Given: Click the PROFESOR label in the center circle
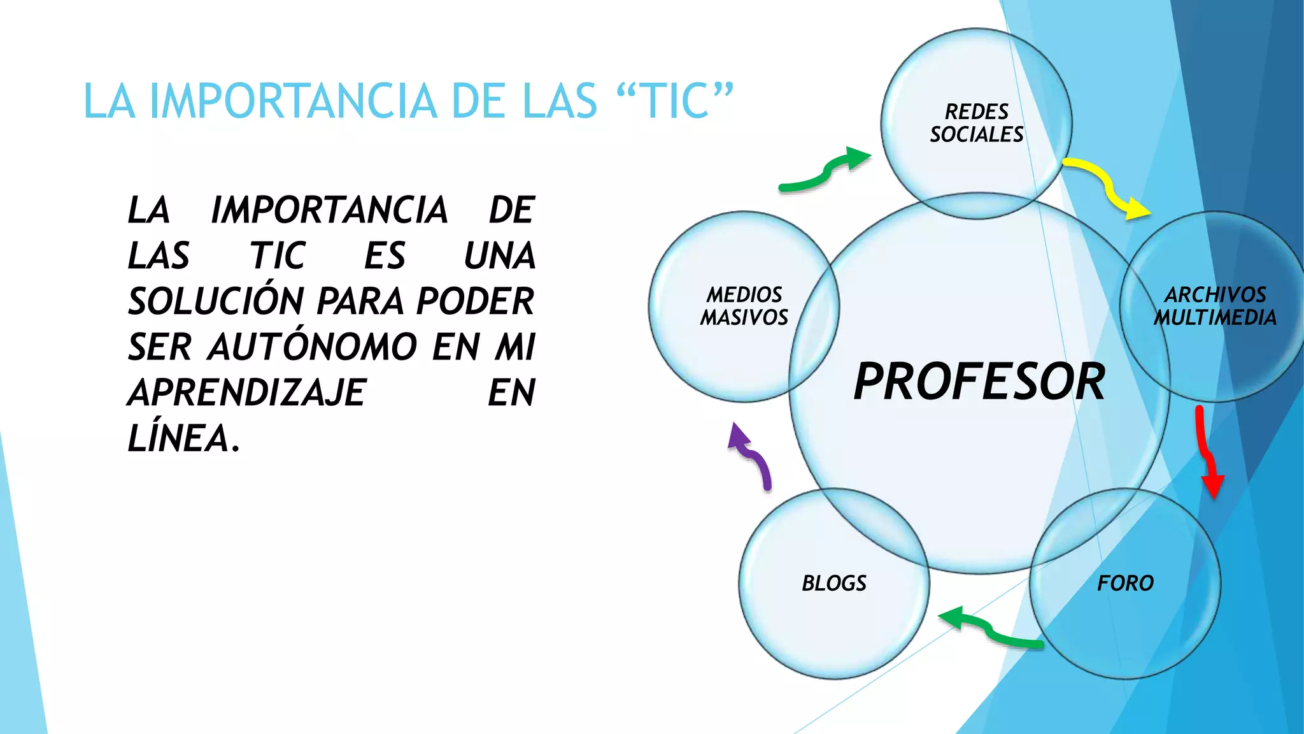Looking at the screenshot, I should tap(979, 381).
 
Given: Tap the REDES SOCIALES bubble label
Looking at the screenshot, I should tap(977, 123).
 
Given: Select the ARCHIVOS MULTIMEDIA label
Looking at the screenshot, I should tap(1215, 306).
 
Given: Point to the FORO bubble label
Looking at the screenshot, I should tap(1125, 583).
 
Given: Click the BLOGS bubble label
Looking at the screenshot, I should tap(834, 583).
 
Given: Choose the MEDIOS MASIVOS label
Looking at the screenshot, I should tap(744, 306).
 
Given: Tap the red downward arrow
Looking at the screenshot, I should tap(1207, 452).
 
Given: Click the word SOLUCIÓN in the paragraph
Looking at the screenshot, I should tap(216, 301).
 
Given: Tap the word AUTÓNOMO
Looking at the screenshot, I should tap(313, 347).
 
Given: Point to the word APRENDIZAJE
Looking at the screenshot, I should tap(247, 392).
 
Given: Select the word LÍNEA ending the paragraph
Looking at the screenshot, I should tap(183, 438).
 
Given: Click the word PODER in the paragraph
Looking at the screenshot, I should tap(475, 301).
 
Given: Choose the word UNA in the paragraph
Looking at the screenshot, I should tap(500, 256).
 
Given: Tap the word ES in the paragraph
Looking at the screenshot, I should tap(385, 256).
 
